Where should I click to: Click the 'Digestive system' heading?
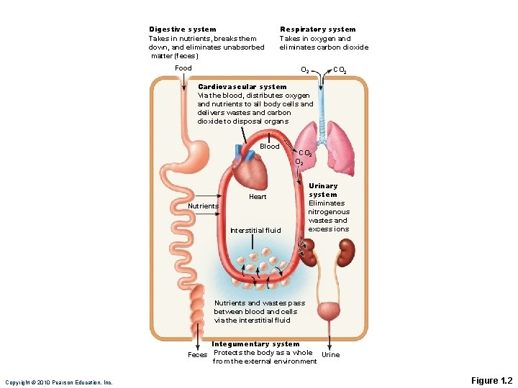(182, 29)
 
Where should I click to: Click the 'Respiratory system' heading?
(317, 29)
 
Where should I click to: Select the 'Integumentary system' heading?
(255, 344)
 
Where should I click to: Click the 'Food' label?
(183, 68)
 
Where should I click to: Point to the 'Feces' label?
(197, 355)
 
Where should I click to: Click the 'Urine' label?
(330, 355)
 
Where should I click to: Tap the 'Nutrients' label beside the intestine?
(203, 206)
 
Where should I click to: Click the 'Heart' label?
(258, 197)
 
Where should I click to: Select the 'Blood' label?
(270, 147)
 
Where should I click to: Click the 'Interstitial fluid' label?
(255, 231)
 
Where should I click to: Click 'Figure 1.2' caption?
(491, 380)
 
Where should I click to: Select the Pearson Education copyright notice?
(59, 382)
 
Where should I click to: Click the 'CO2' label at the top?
(340, 70)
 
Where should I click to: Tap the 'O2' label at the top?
(305, 70)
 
